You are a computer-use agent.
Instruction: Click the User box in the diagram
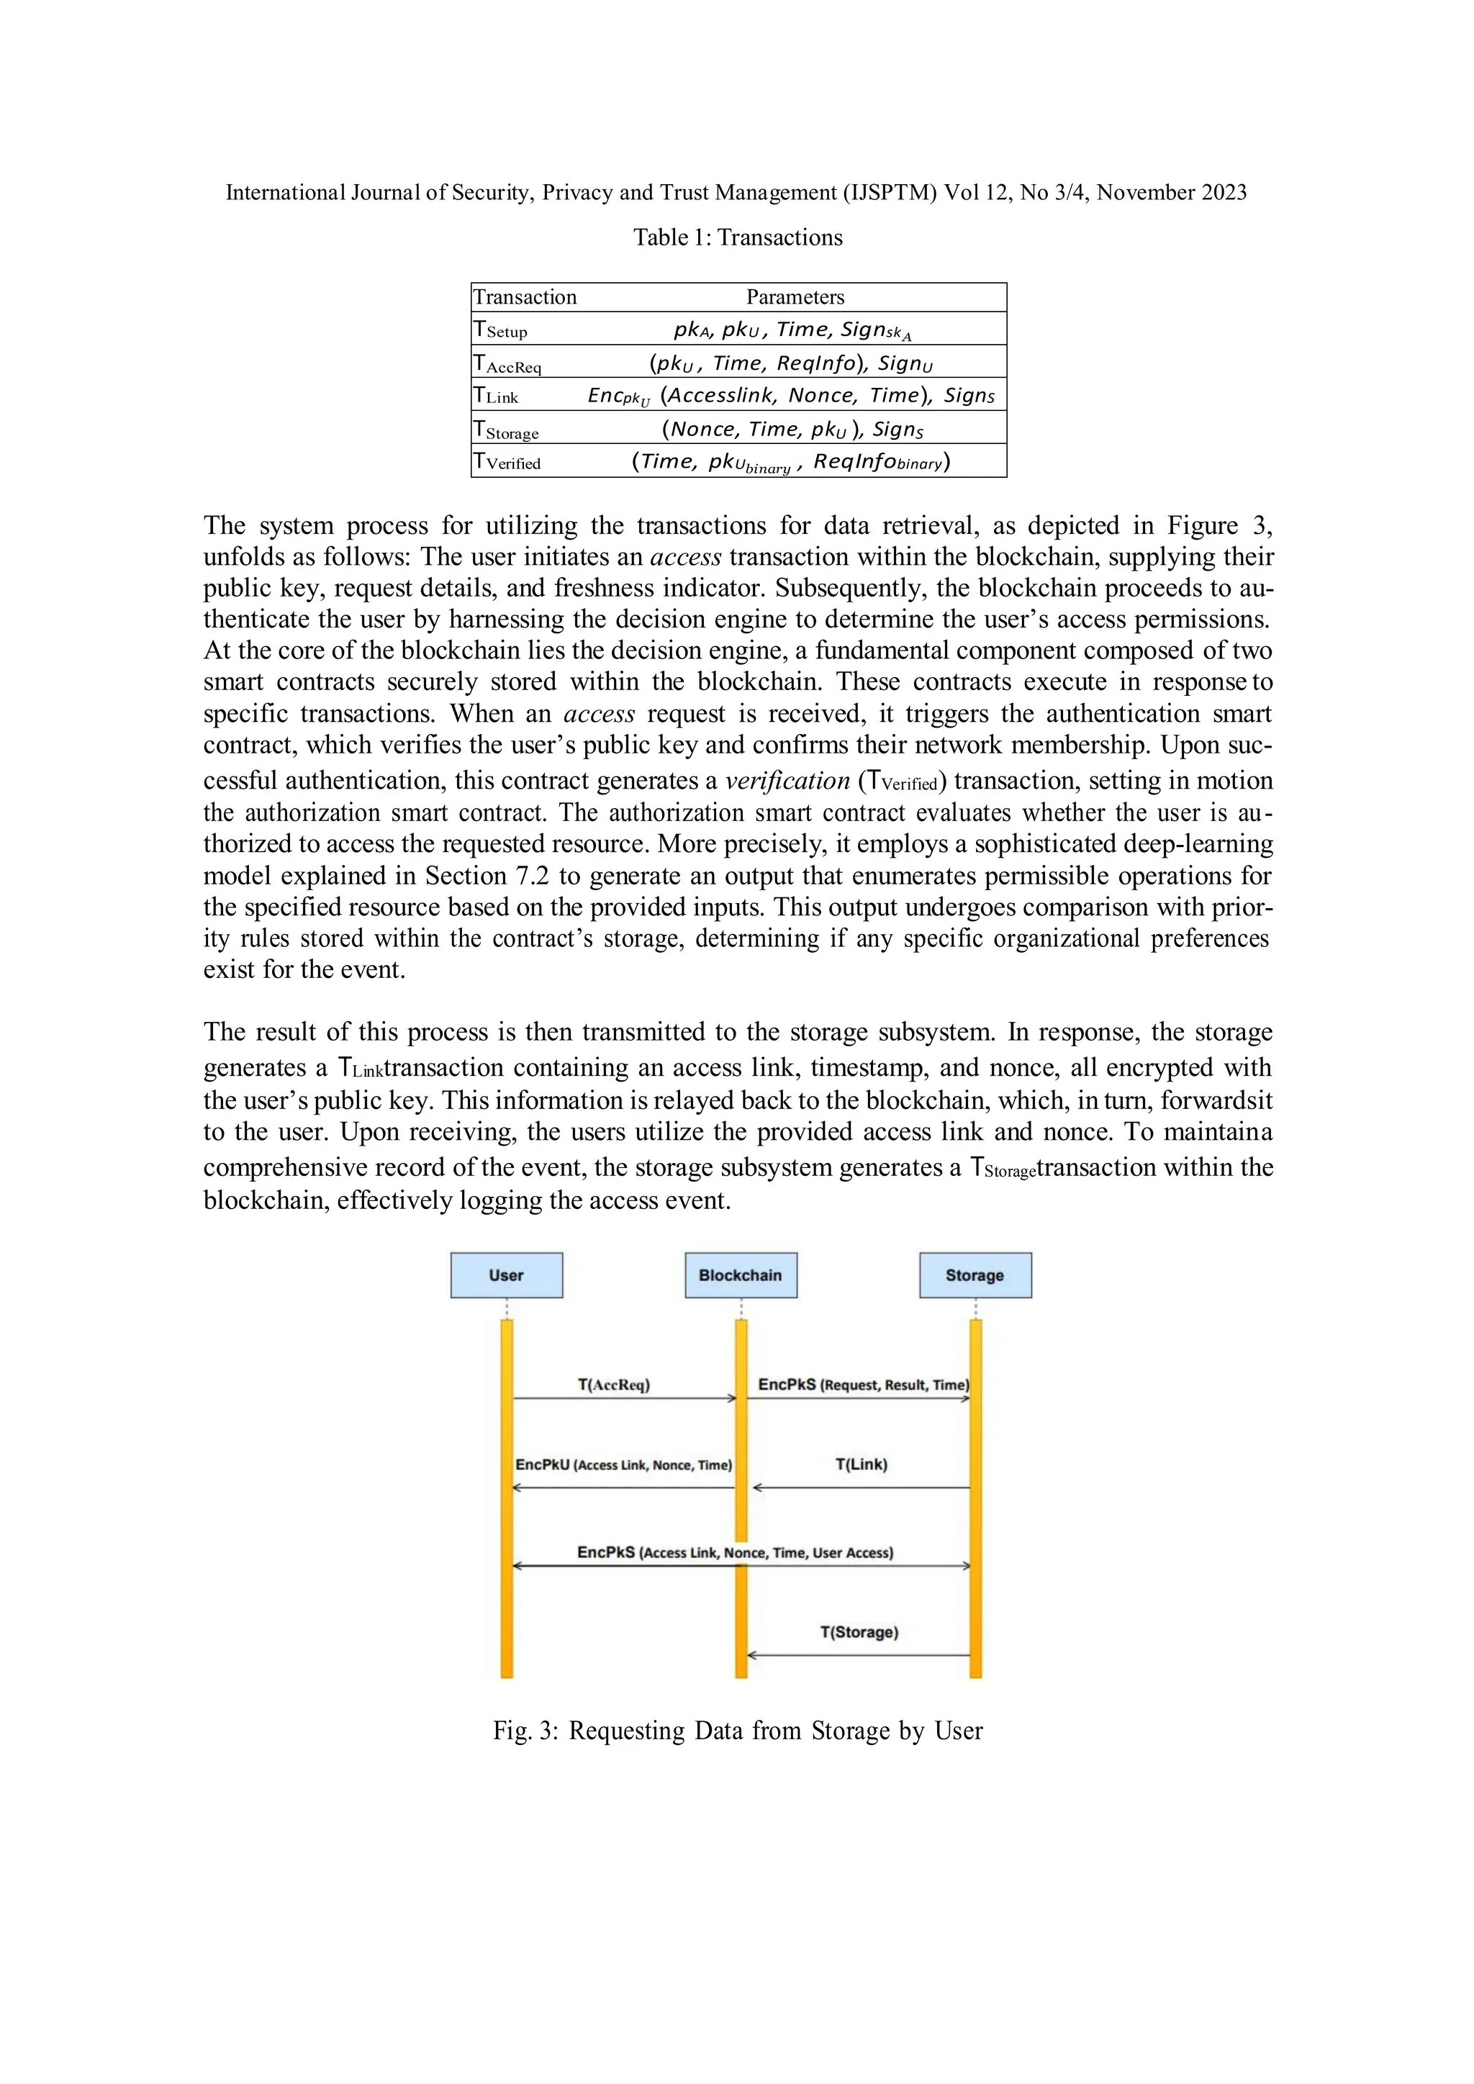507,1275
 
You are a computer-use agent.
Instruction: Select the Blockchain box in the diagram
741,1275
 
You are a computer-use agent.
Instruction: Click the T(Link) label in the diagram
862,1464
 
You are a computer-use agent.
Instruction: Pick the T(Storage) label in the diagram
859,1632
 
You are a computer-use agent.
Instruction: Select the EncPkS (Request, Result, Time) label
863,1385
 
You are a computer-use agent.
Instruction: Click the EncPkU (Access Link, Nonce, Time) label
623,1465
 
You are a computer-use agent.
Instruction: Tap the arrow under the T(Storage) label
859,1656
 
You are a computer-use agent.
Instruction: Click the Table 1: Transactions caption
737,237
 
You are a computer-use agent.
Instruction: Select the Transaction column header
525,296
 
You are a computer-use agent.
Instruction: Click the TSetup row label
500,330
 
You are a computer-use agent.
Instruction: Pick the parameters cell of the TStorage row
792,428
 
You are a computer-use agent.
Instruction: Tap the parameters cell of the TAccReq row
790,363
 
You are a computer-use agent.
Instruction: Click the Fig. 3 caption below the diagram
737,1731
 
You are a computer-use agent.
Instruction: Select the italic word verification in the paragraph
787,781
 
